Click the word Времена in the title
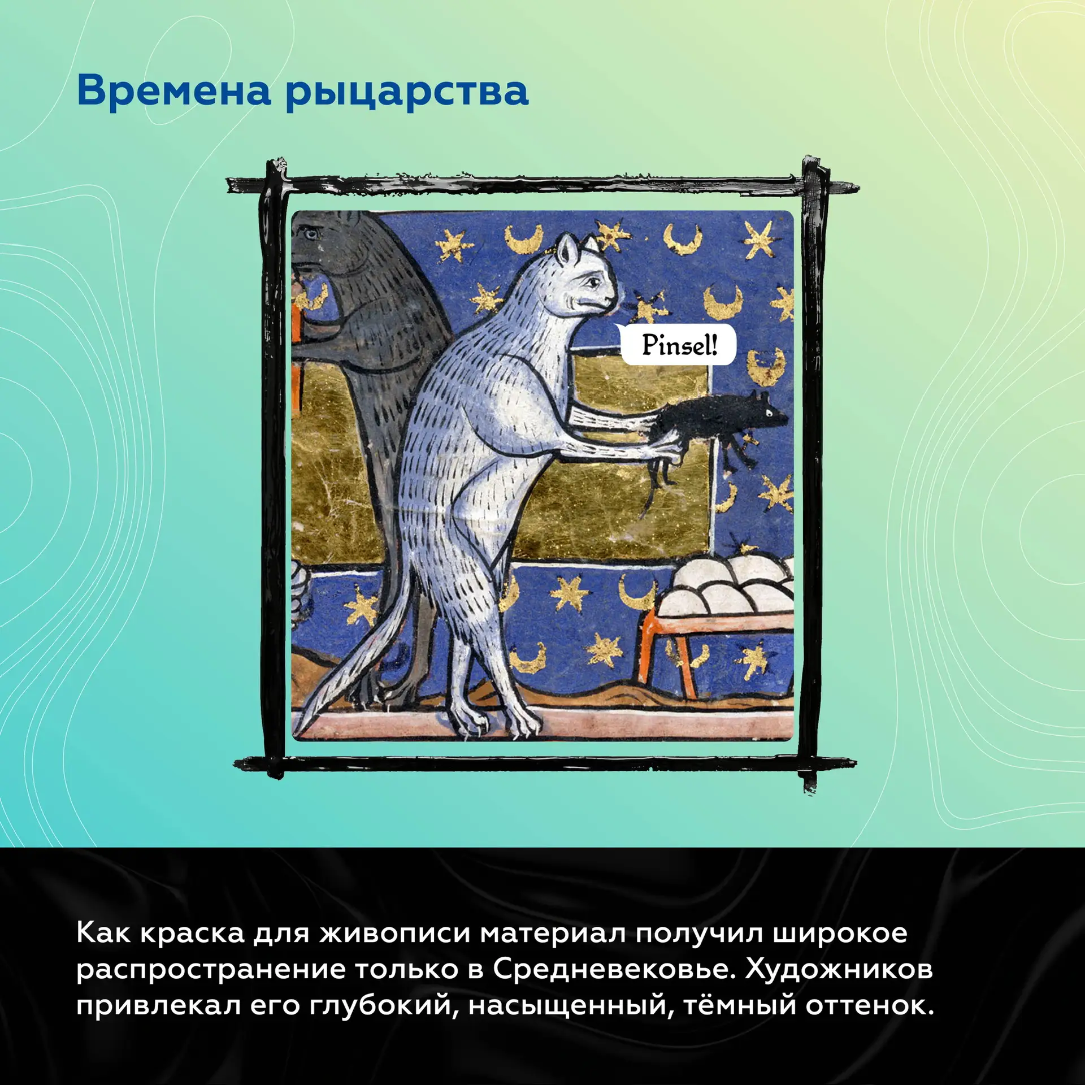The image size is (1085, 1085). point(174,91)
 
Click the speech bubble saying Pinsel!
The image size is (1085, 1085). point(678,345)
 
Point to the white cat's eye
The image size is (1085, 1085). point(591,281)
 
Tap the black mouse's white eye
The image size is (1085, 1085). point(769,413)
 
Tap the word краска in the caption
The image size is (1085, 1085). point(192,934)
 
